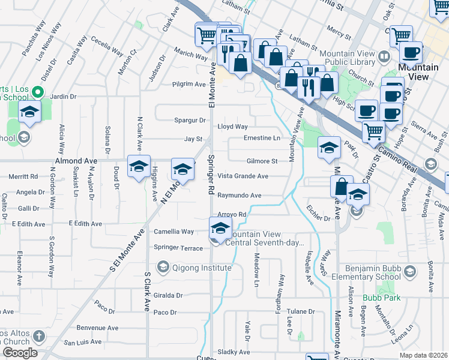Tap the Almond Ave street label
click(76, 161)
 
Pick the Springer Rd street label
click(211, 175)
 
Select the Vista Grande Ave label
click(243, 176)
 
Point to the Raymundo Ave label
click(239, 196)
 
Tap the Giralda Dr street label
click(167, 295)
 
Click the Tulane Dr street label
click(300, 311)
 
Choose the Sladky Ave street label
click(230, 352)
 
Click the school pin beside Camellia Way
click(220, 229)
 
